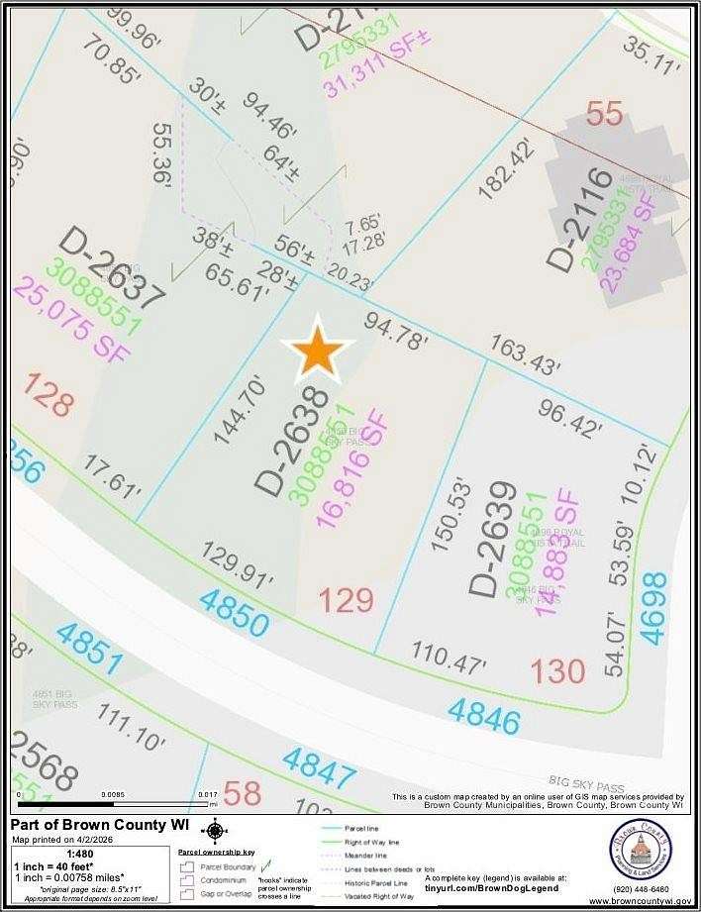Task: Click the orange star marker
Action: tap(317, 350)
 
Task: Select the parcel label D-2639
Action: tap(494, 540)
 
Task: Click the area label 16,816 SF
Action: tap(352, 467)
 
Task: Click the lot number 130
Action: tap(557, 672)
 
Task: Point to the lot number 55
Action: tap(605, 114)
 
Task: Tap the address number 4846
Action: tap(483, 716)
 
